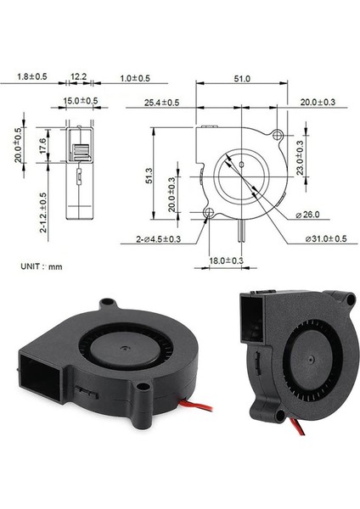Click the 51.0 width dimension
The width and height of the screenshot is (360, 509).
241,79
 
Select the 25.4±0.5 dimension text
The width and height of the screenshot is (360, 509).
161,103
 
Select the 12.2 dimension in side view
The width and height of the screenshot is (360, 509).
78,77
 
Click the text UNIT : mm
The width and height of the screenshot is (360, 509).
41,266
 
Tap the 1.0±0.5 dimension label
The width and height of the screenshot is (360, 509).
134,78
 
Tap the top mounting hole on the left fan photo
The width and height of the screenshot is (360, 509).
108,303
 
